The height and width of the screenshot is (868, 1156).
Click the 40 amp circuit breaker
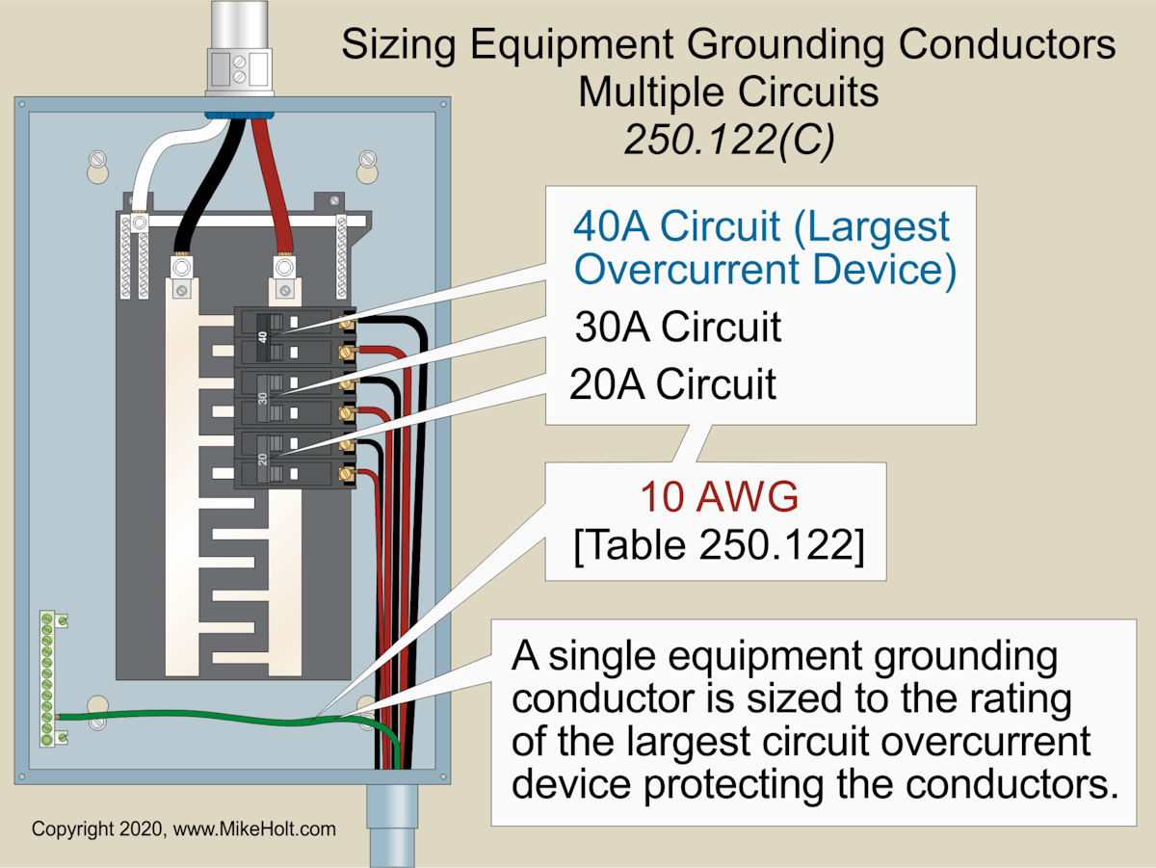[289, 336]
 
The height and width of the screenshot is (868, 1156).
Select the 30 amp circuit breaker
[289, 397]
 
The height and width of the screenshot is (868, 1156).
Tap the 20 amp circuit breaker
[289, 459]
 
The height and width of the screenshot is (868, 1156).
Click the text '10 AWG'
[720, 498]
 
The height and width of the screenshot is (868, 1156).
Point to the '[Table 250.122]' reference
[718, 545]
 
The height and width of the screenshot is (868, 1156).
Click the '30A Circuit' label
[677, 328]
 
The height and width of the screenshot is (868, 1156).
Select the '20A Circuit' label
[672, 383]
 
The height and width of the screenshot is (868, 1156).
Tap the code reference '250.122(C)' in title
[729, 140]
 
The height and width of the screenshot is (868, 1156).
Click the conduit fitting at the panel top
[237, 58]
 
